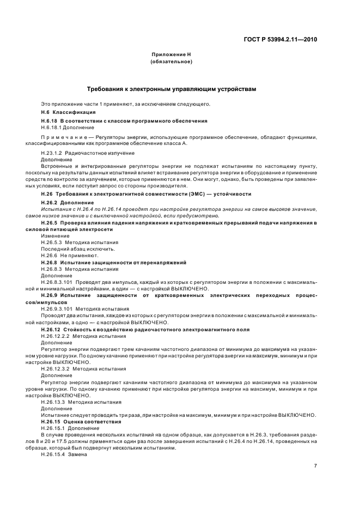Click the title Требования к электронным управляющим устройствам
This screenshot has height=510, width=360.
(171, 88)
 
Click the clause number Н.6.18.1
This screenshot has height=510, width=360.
(52, 127)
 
